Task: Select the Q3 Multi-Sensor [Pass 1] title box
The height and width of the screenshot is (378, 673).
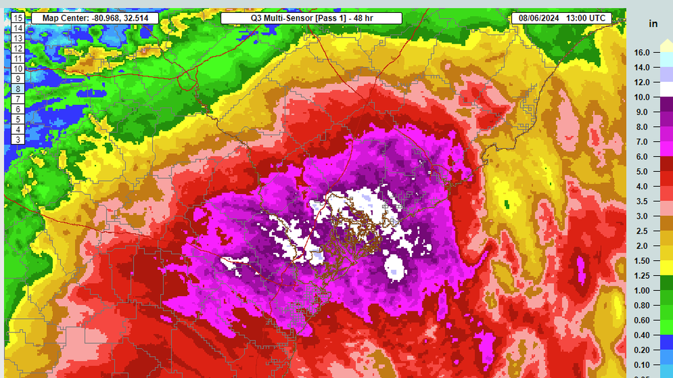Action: tap(311, 18)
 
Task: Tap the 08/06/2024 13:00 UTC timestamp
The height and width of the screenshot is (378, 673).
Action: tap(561, 18)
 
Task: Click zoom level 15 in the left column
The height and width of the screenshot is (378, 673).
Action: tap(18, 18)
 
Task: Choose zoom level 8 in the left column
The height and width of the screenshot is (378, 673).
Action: tap(18, 89)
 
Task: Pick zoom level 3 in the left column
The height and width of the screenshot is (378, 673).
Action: tap(18, 140)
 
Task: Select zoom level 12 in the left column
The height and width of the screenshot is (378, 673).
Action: tap(18, 48)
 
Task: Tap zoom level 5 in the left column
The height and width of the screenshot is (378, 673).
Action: tap(18, 119)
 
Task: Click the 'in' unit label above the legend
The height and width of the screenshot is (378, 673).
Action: tap(653, 24)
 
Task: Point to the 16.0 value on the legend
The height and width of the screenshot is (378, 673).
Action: tap(642, 53)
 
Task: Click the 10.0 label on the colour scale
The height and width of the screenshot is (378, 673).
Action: tap(642, 97)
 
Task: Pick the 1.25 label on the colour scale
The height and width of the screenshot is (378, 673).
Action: tap(642, 276)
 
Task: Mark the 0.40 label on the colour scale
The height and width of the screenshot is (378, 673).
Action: tap(642, 335)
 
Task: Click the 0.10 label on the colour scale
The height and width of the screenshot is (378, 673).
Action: tap(642, 365)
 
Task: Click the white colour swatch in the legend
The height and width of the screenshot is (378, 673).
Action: tap(666, 89)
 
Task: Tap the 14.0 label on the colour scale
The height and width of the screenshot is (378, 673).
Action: tap(642, 67)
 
